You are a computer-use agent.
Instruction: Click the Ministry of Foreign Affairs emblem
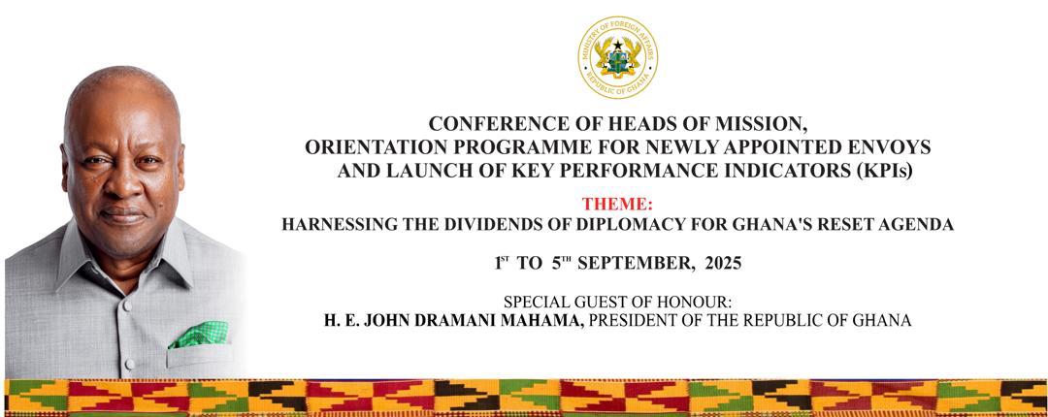617,57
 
